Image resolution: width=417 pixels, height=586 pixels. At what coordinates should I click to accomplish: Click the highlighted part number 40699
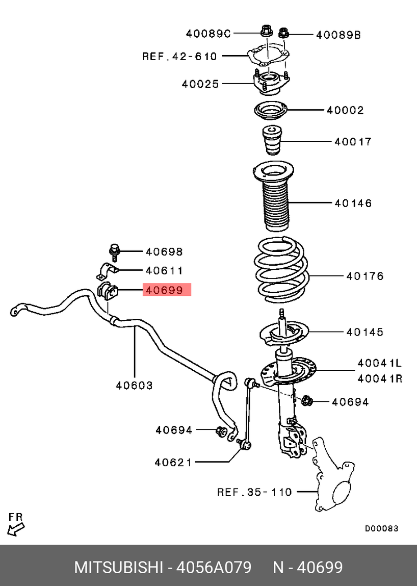(x=164, y=290)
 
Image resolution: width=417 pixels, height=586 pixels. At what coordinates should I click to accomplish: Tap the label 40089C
(x=208, y=34)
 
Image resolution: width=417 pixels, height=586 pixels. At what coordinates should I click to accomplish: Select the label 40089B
(x=338, y=35)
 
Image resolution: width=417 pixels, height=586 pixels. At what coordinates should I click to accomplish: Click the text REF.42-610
(x=179, y=56)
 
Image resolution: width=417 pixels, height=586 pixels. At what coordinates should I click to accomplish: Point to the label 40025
(x=200, y=84)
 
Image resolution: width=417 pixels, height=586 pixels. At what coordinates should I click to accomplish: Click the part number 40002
(x=345, y=110)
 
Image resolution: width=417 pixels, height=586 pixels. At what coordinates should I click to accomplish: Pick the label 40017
(x=353, y=141)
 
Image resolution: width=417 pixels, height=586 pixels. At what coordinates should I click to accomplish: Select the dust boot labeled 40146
(x=275, y=204)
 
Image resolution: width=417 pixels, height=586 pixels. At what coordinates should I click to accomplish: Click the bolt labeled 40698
(x=114, y=251)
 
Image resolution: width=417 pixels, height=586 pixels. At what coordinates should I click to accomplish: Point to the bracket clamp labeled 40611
(x=108, y=271)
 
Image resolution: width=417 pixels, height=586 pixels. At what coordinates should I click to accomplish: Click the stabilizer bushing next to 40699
(x=107, y=291)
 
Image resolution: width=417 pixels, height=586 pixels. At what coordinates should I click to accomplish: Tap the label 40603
(x=134, y=386)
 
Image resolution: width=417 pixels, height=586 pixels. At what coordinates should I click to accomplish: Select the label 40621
(x=173, y=463)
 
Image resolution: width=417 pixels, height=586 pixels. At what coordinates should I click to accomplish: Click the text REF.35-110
(x=254, y=492)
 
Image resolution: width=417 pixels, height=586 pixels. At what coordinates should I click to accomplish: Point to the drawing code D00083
(x=381, y=528)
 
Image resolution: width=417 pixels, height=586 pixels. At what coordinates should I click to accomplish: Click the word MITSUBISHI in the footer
(x=118, y=567)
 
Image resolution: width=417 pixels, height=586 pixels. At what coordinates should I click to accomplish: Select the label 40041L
(x=379, y=363)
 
